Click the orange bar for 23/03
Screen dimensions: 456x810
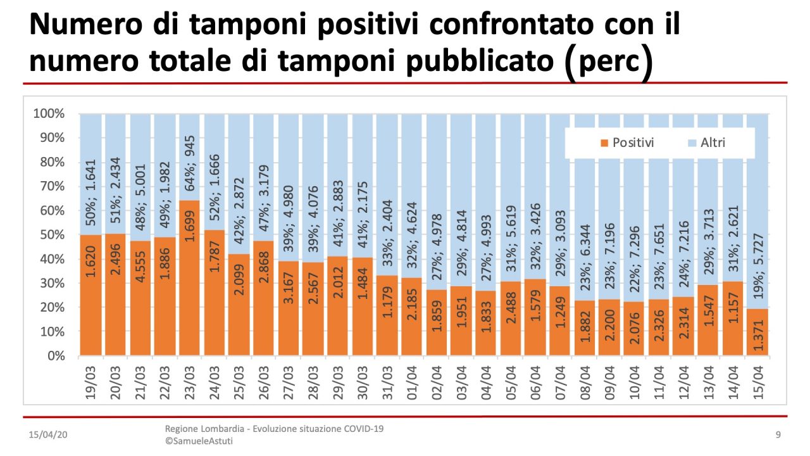190,279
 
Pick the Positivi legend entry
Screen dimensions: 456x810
627,143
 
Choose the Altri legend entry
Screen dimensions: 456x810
706,143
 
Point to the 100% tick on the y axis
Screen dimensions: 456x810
49,114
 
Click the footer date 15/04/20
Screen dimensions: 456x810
48,436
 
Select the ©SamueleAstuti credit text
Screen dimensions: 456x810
199,441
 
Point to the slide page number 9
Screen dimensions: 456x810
778,435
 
